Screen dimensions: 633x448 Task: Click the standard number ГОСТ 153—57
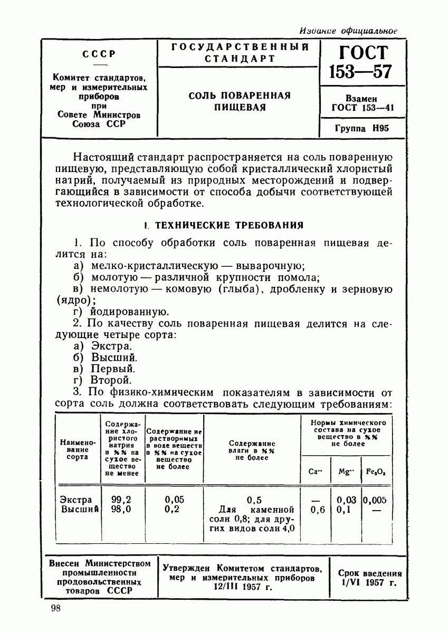tap(361, 62)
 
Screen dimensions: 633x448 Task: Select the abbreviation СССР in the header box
tap(99, 54)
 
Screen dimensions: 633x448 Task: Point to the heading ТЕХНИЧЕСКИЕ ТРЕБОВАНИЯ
tap(228, 225)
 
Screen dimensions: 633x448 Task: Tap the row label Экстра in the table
tap(76, 500)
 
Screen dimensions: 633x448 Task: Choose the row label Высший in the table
tap(78, 510)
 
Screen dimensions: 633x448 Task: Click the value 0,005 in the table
tap(375, 500)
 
